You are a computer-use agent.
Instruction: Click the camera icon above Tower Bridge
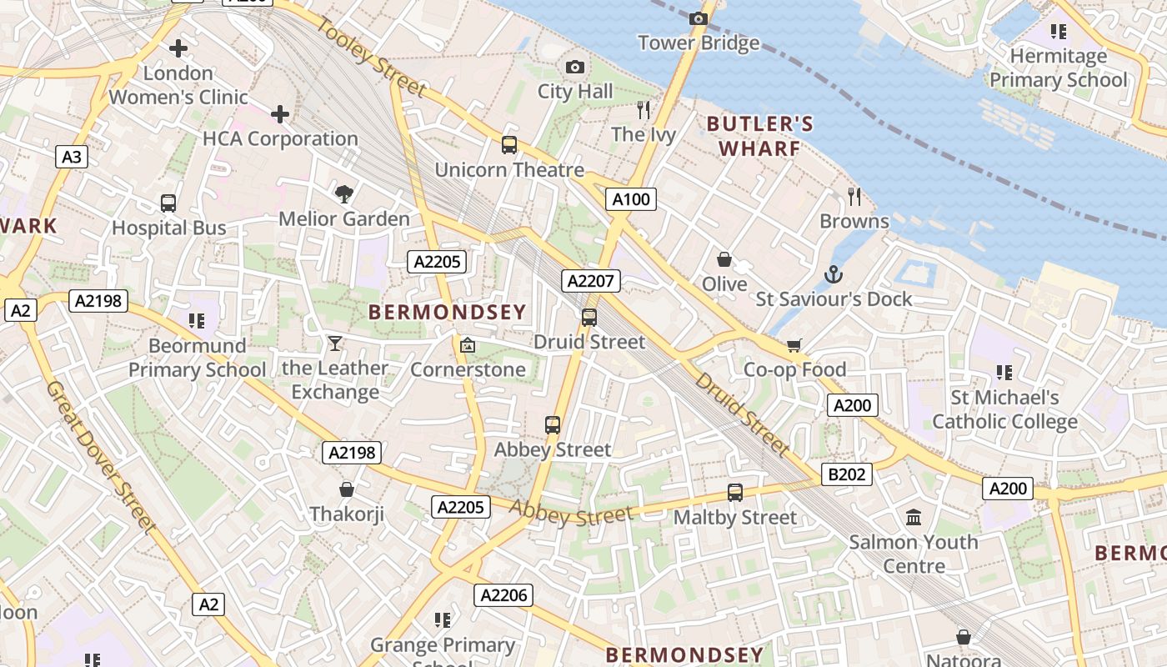699,18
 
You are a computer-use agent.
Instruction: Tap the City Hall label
575,92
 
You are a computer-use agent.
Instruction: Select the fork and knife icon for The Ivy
643,109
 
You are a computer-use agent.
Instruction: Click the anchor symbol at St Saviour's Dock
833,274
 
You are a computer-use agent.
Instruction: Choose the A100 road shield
630,199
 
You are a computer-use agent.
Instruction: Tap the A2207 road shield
590,281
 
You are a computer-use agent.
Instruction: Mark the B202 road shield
847,475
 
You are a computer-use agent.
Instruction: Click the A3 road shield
73,157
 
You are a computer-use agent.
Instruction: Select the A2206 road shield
503,595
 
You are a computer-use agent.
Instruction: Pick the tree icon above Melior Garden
343,194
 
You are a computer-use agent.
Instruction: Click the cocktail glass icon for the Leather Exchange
335,343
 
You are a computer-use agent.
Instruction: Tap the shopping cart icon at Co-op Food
794,345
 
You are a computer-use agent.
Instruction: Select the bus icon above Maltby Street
734,493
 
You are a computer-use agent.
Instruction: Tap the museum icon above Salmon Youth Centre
914,518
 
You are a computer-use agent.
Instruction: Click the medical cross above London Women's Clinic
178,48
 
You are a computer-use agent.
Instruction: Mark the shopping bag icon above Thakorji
347,489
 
